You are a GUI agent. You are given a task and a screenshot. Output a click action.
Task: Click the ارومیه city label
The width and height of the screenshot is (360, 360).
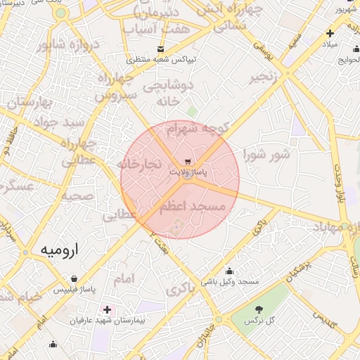tap(60, 250)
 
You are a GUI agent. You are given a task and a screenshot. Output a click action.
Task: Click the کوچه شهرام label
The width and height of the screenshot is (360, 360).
tap(198, 129)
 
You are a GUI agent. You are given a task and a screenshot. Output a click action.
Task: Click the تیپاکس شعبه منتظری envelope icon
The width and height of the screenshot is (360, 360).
tap(161, 49)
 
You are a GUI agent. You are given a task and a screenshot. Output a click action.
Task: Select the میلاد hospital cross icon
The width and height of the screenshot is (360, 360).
tap(330, 33)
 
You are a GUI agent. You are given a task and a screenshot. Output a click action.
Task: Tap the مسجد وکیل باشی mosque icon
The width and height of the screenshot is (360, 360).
tap(229, 271)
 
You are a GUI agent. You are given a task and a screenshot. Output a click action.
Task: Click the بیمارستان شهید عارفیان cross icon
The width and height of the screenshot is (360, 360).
tap(107, 309)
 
